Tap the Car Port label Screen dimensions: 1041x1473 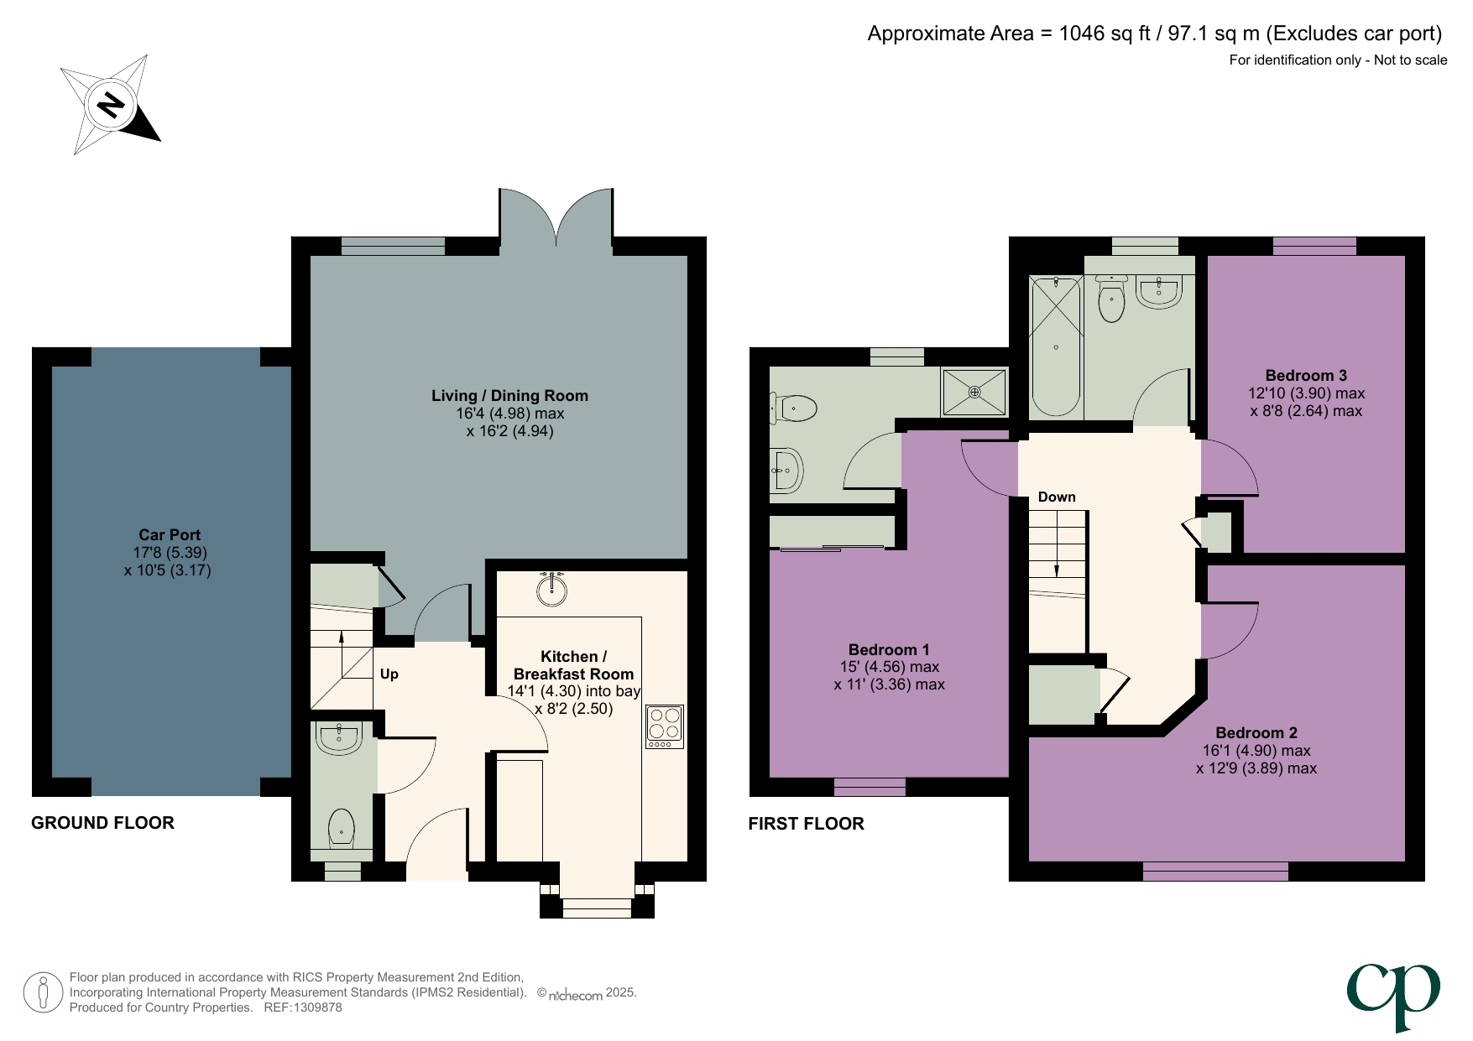click(170, 535)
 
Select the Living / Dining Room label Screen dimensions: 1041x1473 click(509, 396)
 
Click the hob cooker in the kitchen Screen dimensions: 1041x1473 click(665, 726)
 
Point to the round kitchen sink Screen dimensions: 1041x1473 click(551, 588)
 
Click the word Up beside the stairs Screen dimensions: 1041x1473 click(389, 674)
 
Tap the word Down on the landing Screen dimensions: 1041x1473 click(1057, 497)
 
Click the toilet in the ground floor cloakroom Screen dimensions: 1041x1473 click(341, 828)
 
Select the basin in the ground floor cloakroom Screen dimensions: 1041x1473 click(340, 738)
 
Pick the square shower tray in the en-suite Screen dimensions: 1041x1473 click(974, 392)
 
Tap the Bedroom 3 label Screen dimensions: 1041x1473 click(1306, 376)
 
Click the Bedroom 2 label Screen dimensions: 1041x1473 click(1256, 733)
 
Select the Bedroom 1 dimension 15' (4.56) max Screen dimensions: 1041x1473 click(889, 667)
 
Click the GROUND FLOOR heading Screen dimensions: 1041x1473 click(102, 823)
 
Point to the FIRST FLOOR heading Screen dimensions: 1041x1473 click(806, 824)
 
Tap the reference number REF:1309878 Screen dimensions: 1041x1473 click(303, 1007)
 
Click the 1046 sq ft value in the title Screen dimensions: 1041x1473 click(1105, 34)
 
